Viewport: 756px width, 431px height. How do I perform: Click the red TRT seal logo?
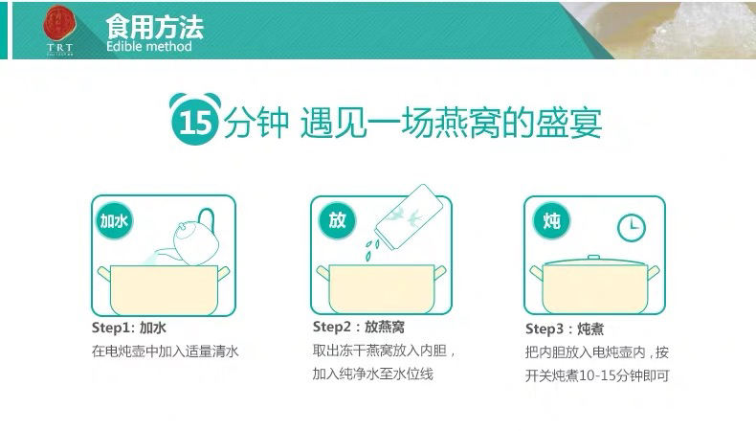(x=59, y=23)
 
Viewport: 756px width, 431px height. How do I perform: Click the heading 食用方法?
(x=154, y=27)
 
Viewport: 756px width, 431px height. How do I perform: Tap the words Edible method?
(x=149, y=46)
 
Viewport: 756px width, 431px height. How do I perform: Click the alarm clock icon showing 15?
(x=195, y=119)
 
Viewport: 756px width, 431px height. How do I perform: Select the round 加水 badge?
(x=114, y=221)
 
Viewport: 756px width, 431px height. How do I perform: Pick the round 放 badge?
(x=337, y=220)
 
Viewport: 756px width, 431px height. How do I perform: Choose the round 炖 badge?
(x=551, y=221)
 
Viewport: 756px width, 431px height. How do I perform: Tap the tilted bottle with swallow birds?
(x=409, y=216)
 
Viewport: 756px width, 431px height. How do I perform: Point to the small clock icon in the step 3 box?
(x=632, y=228)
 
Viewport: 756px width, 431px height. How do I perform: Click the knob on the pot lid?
(x=593, y=258)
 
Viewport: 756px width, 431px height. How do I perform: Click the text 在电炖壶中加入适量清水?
(x=165, y=351)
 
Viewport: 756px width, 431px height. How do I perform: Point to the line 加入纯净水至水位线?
(x=372, y=374)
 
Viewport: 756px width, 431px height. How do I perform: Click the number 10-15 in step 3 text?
(x=596, y=375)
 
